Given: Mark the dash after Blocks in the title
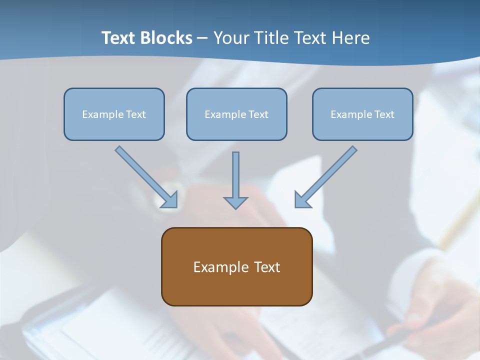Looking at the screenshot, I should [x=202, y=38].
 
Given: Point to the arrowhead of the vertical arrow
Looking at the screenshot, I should [x=235, y=202].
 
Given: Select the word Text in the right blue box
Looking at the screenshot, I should [x=384, y=114].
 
